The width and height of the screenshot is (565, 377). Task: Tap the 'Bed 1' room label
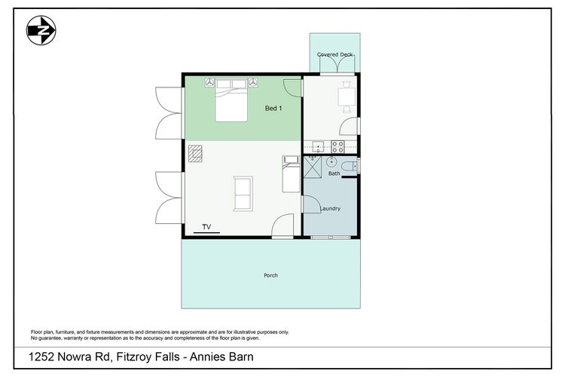pyautogui.click(x=274, y=109)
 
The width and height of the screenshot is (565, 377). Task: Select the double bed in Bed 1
pyautogui.click(x=231, y=103)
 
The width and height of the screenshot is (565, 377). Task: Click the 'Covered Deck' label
pyautogui.click(x=334, y=55)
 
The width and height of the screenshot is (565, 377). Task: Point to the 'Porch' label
pyautogui.click(x=270, y=275)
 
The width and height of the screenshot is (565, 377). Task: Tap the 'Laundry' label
pyautogui.click(x=331, y=209)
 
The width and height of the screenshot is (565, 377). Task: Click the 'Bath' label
pyautogui.click(x=334, y=174)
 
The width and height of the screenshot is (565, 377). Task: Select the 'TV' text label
pyautogui.click(x=206, y=226)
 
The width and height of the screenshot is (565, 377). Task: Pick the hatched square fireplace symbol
pyautogui.click(x=196, y=154)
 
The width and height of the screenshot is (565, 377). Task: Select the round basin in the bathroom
pyautogui.click(x=331, y=161)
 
